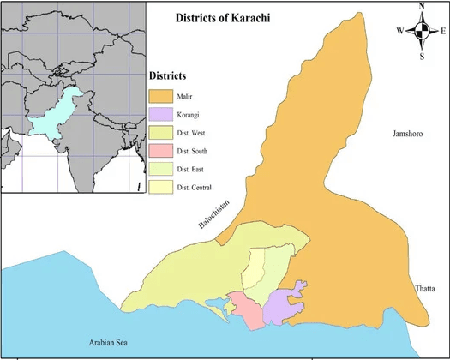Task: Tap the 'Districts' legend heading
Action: pos(167,75)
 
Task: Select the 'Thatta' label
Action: pos(424,288)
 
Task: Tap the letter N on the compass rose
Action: pos(421,8)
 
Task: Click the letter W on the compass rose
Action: pos(399,31)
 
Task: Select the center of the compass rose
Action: pos(421,32)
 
